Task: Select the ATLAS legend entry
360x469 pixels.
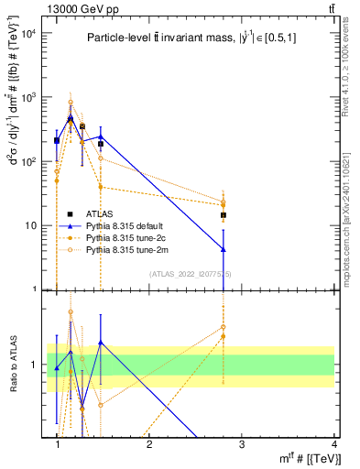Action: (x=111, y=213)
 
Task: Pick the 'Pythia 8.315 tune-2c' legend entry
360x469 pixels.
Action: (x=133, y=237)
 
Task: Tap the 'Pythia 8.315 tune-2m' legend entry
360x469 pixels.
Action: (x=133, y=249)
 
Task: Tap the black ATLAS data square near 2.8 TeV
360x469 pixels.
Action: (x=223, y=215)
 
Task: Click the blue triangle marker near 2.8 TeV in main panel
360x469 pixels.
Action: (x=223, y=249)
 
